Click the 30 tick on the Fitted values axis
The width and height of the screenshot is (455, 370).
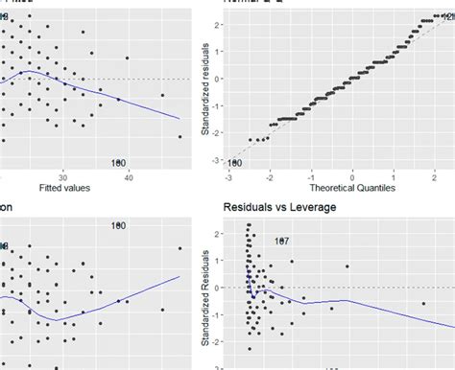63,175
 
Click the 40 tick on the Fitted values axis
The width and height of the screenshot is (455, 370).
129,175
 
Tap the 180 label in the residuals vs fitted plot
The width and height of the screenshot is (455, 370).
119,162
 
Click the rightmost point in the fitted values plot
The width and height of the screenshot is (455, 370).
180,137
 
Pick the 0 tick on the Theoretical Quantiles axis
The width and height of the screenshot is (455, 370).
353,176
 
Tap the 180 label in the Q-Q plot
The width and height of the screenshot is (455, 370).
235,164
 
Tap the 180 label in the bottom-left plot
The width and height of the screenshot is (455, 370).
119,226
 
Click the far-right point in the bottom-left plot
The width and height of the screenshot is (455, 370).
180,248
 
